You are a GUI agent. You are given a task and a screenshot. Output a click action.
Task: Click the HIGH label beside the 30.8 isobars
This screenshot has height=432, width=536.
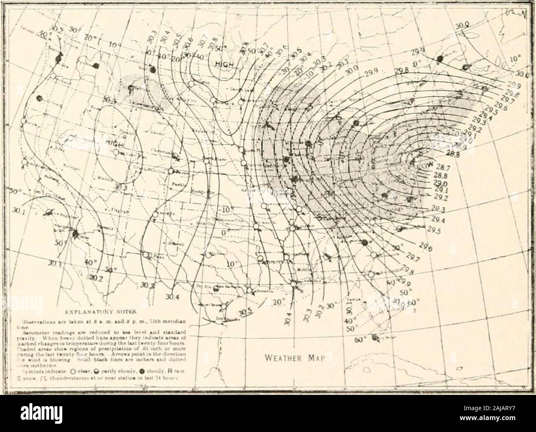(x=223, y=64)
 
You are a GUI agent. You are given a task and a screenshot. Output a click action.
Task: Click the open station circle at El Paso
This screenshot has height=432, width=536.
(x=145, y=254)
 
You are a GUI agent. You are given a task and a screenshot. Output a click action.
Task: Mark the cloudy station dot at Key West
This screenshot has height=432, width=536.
(x=375, y=338)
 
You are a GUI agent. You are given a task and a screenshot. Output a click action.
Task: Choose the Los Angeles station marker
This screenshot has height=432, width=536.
(x=49, y=212)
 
